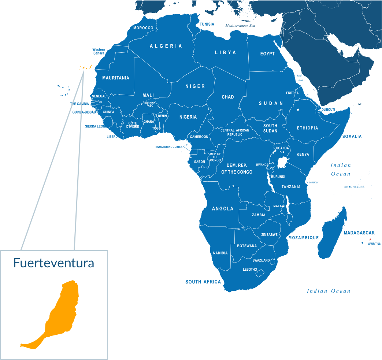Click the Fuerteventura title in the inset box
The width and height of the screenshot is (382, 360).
click(53, 263)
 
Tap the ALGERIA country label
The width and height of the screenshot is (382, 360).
click(166, 46)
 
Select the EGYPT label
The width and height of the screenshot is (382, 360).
click(267, 54)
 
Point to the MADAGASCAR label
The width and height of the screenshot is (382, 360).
click(359, 233)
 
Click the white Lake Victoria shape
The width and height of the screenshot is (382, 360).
click(282, 162)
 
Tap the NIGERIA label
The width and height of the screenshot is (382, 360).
click(188, 117)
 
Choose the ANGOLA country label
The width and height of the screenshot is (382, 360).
click(223, 209)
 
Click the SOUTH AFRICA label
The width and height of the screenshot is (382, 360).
click(203, 282)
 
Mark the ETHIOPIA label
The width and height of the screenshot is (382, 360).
click(307, 128)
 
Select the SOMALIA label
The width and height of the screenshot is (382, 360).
click(352, 137)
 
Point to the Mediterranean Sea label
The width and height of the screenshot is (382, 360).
click(240, 26)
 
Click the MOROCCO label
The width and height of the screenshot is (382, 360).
click(143, 28)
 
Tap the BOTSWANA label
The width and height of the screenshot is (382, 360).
click(247, 246)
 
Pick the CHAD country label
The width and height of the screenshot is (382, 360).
click(228, 97)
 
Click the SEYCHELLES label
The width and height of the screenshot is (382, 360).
click(354, 187)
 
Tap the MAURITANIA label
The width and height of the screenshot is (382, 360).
click(116, 78)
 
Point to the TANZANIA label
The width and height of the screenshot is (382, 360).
click(291, 187)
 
